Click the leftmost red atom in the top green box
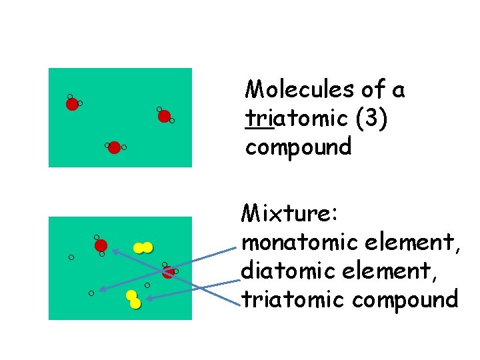tap(72, 104)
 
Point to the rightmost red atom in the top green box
tap(164, 116)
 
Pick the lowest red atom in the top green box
tap(114, 147)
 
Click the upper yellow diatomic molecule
tap(143, 248)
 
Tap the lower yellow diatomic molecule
tap(133, 299)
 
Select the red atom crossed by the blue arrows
tap(168, 271)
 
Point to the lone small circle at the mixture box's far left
tap(71, 257)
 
